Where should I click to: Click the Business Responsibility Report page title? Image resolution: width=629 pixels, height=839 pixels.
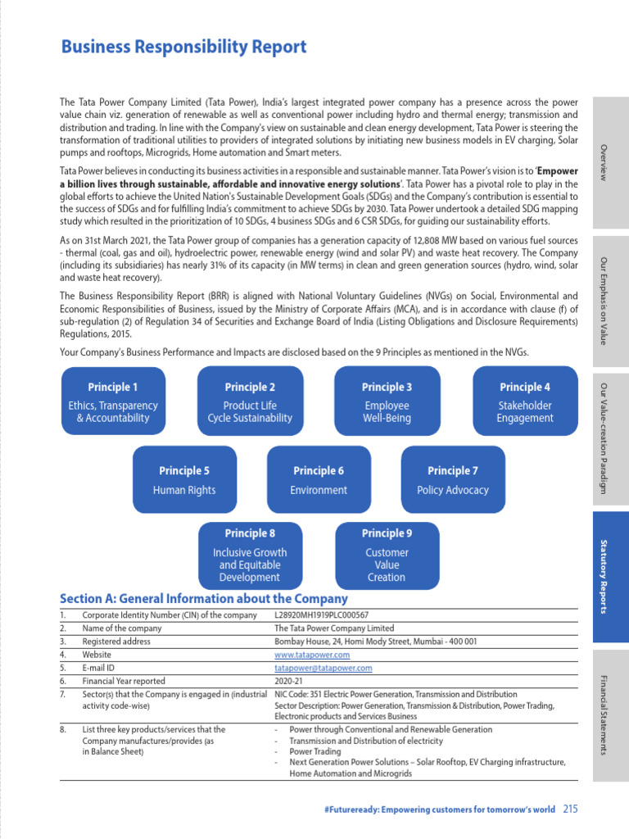183,47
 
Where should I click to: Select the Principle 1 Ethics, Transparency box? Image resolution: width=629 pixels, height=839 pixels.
113,401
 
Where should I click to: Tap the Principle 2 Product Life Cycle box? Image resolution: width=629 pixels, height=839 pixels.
250,401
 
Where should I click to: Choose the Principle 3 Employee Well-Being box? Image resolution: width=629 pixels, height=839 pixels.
387,401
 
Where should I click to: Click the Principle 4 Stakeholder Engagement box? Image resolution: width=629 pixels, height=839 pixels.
524,401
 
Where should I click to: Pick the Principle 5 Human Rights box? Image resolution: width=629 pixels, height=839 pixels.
184,480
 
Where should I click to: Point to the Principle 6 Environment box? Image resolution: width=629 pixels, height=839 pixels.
319,480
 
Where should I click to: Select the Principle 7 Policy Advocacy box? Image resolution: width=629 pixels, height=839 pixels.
452,480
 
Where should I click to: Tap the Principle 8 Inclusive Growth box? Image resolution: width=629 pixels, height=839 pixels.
250,555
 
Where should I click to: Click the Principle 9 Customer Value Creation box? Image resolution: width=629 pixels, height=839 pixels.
387,555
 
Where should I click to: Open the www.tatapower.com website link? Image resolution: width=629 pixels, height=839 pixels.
312,655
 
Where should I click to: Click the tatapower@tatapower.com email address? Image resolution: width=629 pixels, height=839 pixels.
323,668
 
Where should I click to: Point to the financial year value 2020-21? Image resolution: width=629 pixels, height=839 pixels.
289,681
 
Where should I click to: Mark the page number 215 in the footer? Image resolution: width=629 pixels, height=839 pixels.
571,809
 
